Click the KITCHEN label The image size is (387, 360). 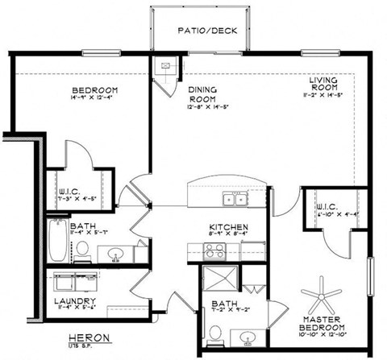point(227,228)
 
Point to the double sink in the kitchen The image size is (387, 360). point(235,199)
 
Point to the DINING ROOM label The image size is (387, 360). point(202,94)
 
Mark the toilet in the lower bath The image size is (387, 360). point(214,333)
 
